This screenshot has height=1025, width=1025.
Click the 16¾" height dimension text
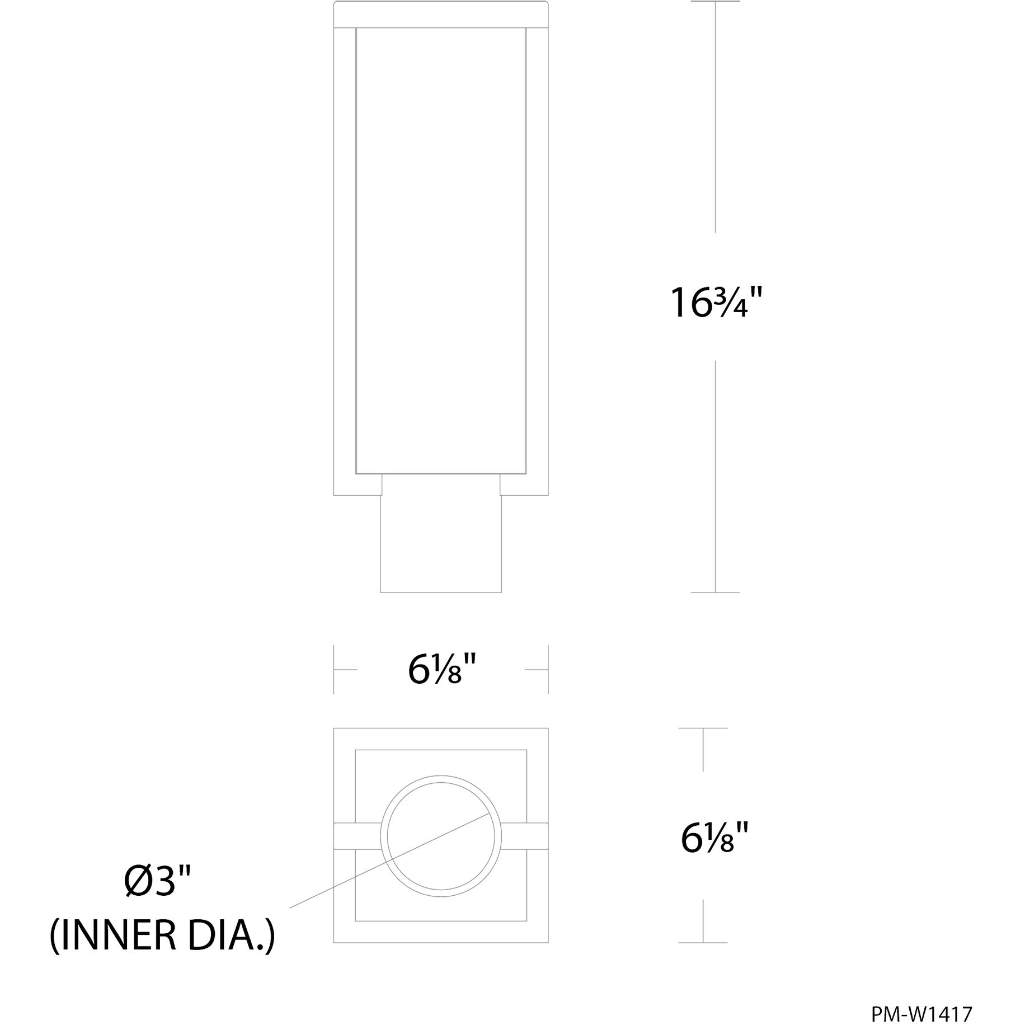point(716,303)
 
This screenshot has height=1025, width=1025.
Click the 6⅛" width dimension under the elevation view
point(441,670)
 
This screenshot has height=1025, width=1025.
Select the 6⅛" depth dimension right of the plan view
point(714,838)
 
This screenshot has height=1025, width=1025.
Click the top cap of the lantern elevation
point(441,14)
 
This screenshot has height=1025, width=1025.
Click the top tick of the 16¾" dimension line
point(715,2)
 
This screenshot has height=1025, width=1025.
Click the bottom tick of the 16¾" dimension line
point(715,592)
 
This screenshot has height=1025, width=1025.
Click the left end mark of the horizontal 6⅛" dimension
point(335,669)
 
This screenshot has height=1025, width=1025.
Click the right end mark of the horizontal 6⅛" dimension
point(548,669)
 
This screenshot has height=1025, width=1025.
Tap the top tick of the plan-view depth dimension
point(703,728)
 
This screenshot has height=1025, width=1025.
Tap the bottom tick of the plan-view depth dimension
point(703,943)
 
